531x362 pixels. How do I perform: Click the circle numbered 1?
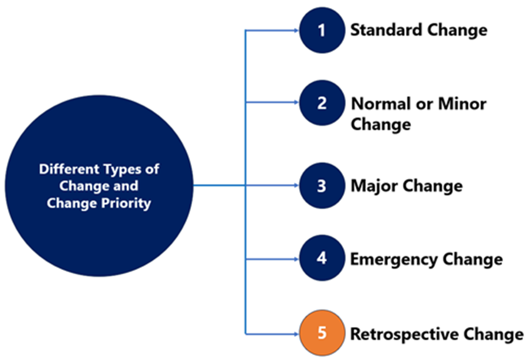(322, 30)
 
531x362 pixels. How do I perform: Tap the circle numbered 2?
(322, 103)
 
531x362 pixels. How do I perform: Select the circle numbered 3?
(322, 185)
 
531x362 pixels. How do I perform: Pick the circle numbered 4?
(322, 258)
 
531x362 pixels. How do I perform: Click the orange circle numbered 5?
(322, 333)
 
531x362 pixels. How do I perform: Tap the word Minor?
(462, 103)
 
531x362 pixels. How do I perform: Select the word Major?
(374, 186)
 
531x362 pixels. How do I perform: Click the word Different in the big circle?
(69, 169)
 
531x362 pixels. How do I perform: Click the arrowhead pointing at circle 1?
(296, 31)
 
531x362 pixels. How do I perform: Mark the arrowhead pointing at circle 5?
(296, 334)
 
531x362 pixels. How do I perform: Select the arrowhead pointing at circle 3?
(296, 185)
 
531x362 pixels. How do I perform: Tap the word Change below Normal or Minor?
(381, 124)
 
